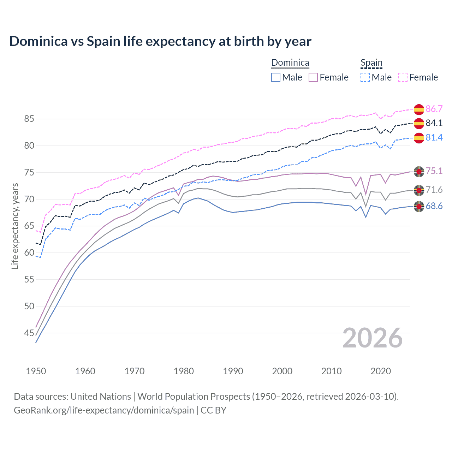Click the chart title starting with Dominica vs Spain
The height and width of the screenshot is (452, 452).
click(x=160, y=41)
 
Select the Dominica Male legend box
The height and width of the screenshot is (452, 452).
click(x=276, y=77)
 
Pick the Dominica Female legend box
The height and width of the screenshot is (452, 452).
click(x=313, y=77)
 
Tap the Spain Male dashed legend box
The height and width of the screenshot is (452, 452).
click(x=365, y=77)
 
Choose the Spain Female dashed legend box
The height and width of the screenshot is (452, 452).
click(x=403, y=77)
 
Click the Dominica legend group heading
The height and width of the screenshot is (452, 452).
click(x=290, y=63)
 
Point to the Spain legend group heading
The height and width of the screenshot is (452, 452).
click(x=371, y=63)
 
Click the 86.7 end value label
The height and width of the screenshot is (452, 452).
click(x=434, y=109)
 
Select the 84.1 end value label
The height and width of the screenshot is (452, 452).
click(x=434, y=123)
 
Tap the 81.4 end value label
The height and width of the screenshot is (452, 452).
click(x=434, y=137)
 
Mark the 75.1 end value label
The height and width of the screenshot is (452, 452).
click(x=434, y=171)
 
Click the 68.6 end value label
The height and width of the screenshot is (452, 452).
click(x=434, y=206)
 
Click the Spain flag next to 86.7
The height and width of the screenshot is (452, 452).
click(x=419, y=109)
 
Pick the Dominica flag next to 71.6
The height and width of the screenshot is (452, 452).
click(x=419, y=190)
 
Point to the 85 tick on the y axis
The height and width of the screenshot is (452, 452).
click(x=29, y=119)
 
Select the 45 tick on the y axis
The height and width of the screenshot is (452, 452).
click(x=29, y=333)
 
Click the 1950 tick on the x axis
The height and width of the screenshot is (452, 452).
click(x=36, y=371)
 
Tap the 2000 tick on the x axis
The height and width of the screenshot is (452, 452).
click(x=282, y=371)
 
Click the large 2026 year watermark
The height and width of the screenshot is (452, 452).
click(x=372, y=338)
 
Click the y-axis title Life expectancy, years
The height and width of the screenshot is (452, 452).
click(x=15, y=226)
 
